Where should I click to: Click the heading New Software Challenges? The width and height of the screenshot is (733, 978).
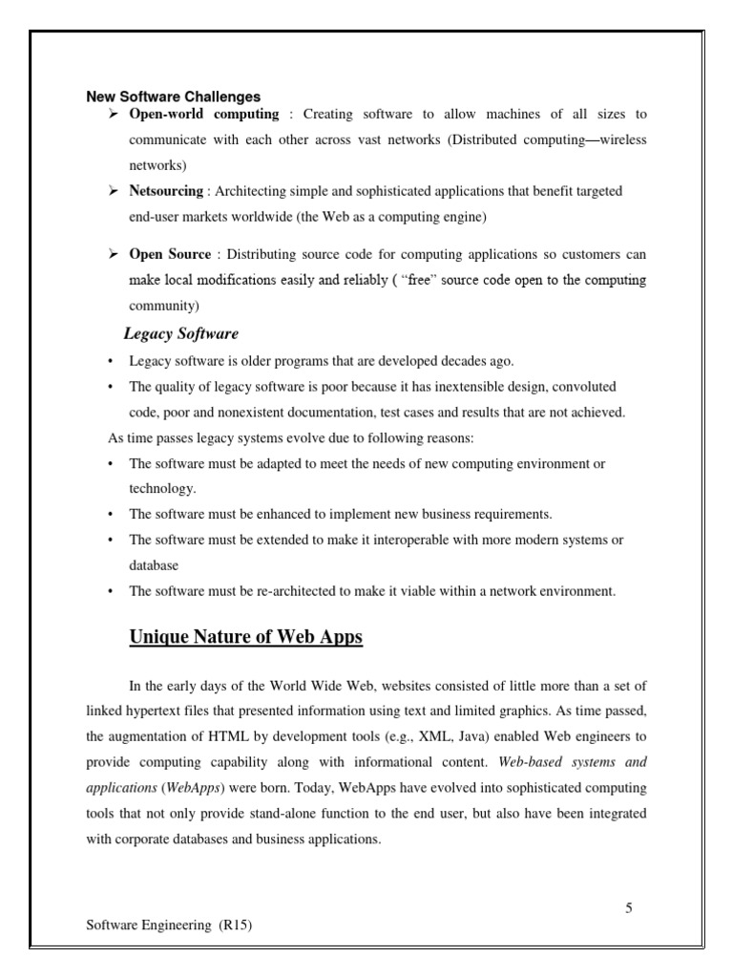click(174, 96)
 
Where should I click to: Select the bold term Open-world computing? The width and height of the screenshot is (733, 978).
click(204, 115)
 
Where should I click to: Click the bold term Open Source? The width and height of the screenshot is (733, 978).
click(170, 255)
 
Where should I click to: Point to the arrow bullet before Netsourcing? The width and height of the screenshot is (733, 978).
click(111, 191)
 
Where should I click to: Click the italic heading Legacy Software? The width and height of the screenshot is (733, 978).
click(181, 334)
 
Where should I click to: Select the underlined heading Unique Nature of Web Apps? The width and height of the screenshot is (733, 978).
click(245, 637)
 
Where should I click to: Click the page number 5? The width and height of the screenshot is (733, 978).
click(629, 908)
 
